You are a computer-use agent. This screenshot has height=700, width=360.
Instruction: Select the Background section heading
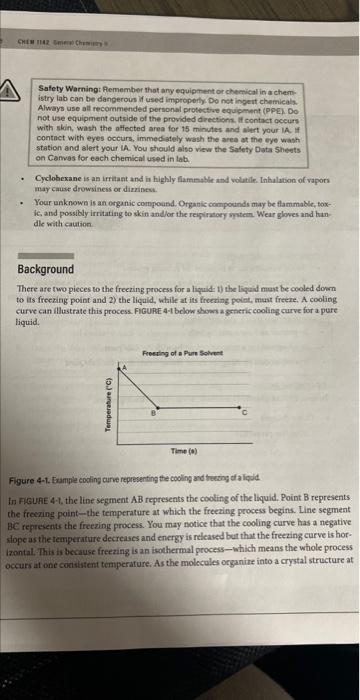[46, 270]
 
